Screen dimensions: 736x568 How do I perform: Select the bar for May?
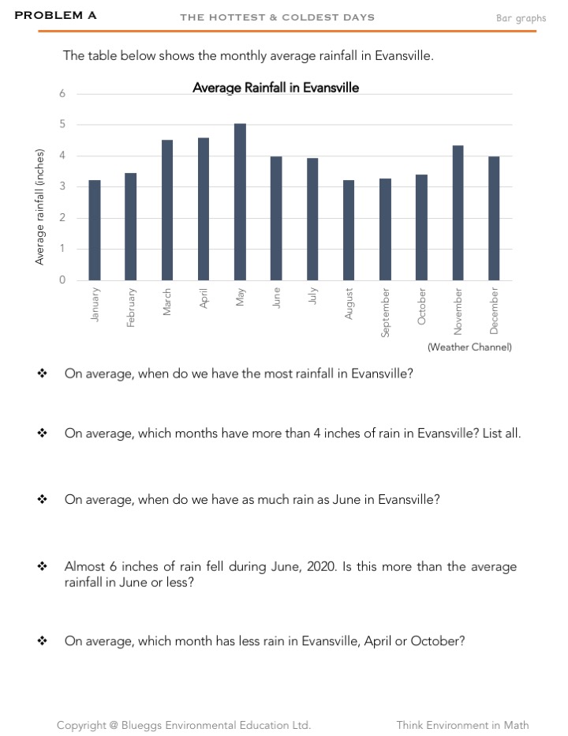(x=240, y=202)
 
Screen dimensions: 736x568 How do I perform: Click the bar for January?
(x=95, y=230)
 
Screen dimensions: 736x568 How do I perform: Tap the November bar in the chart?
(x=458, y=212)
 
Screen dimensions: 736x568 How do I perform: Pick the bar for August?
(x=349, y=230)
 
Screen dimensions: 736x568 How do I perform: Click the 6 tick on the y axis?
(x=62, y=94)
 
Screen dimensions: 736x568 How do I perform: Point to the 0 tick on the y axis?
(x=62, y=280)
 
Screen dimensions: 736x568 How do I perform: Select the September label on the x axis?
(x=385, y=313)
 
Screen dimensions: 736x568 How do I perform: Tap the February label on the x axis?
(x=131, y=308)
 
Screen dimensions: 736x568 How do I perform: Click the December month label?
(x=494, y=310)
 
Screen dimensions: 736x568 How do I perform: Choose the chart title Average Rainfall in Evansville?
(x=275, y=88)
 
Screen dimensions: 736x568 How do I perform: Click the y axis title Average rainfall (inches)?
(x=40, y=206)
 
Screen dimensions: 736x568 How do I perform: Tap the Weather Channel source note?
(x=469, y=347)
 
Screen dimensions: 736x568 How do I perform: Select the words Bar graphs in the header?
(x=521, y=18)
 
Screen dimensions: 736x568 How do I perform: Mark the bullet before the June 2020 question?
(x=42, y=567)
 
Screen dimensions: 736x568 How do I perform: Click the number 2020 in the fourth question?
(x=320, y=567)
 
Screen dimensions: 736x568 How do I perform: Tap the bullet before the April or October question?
(x=42, y=641)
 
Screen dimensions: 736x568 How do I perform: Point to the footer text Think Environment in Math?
(x=462, y=725)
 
